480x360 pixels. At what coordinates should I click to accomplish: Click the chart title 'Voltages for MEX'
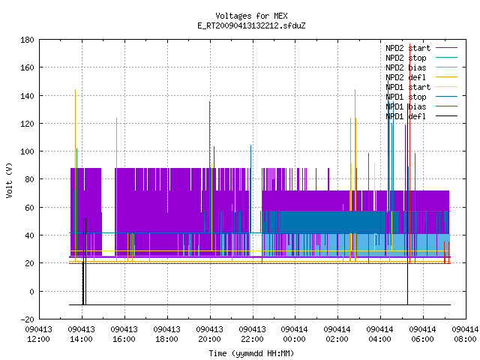251,16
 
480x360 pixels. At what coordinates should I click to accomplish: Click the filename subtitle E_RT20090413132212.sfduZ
251,25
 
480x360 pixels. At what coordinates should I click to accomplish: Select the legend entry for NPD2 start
421,48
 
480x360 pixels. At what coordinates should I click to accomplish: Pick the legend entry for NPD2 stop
421,58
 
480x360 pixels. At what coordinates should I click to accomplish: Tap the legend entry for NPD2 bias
421,67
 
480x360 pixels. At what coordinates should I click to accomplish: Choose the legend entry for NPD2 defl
421,77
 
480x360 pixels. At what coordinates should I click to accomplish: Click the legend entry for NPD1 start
421,87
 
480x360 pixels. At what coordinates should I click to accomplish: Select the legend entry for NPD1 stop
421,97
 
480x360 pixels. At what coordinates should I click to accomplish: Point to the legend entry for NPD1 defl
421,116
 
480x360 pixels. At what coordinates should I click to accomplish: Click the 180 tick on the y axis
27,40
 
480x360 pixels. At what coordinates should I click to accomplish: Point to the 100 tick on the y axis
27,151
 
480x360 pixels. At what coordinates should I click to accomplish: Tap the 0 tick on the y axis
31,292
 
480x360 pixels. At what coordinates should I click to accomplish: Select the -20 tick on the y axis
27,319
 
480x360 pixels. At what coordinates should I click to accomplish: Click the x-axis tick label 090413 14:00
82,334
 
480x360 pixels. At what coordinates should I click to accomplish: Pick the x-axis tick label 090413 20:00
209,334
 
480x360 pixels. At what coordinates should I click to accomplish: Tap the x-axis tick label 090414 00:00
294,334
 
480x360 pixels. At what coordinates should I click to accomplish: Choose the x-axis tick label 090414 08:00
465,334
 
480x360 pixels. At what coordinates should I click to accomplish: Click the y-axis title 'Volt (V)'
9,181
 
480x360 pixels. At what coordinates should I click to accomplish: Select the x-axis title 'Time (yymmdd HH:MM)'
251,353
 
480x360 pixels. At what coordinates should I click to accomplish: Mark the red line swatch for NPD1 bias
447,106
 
